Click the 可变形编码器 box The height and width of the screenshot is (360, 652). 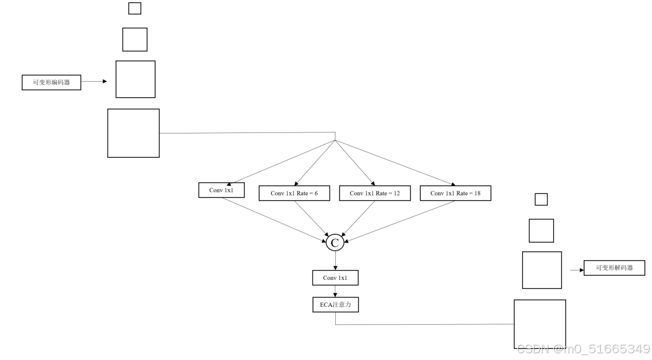(51, 82)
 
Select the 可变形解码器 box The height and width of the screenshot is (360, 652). (614, 268)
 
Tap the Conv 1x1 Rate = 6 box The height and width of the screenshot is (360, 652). (294, 193)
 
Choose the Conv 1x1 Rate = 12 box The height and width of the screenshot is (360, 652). (375, 193)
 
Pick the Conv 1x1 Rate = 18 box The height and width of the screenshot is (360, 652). (455, 193)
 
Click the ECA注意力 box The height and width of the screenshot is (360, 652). (335, 305)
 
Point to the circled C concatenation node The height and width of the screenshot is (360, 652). (335, 243)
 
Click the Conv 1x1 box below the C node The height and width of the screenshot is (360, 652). (335, 278)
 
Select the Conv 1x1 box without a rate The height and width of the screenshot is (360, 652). (221, 190)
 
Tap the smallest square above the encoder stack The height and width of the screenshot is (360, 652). (135, 8)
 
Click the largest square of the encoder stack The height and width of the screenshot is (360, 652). (134, 133)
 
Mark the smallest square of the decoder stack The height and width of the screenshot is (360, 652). (541, 199)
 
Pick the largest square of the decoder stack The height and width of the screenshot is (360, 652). (540, 324)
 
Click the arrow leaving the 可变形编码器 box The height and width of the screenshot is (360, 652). (94, 82)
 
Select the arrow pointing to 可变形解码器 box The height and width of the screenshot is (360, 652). (576, 270)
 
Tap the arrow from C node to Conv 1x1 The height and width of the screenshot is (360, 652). (335, 261)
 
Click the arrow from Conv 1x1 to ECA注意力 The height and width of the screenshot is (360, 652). (335, 291)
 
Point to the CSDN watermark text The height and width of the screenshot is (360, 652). (583, 349)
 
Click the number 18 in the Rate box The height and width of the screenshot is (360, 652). (477, 193)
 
